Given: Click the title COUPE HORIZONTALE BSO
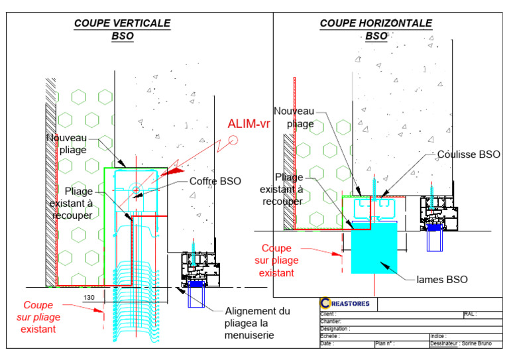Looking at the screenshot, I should click(376, 29).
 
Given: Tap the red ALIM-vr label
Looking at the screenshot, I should click(249, 123).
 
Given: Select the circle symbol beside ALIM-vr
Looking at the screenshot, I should click(233, 140).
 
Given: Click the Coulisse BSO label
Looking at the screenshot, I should click(469, 154).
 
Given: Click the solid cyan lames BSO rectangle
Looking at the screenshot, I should click(374, 245).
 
